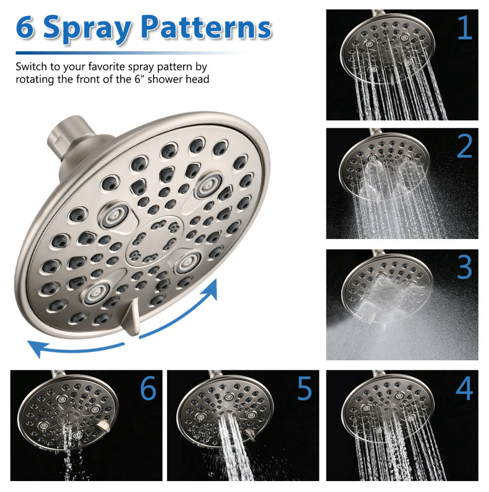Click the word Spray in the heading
[87, 29]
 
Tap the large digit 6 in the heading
[25, 28]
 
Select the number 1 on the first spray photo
[465, 28]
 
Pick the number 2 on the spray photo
[465, 146]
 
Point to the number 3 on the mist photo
[465, 267]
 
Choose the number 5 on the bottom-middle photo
[305, 388]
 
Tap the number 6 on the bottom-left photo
[148, 388]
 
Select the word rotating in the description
[35, 79]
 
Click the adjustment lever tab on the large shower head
[132, 318]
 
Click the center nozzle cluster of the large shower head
[154, 241]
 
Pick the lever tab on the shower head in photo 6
[104, 426]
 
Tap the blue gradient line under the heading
[129, 53]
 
